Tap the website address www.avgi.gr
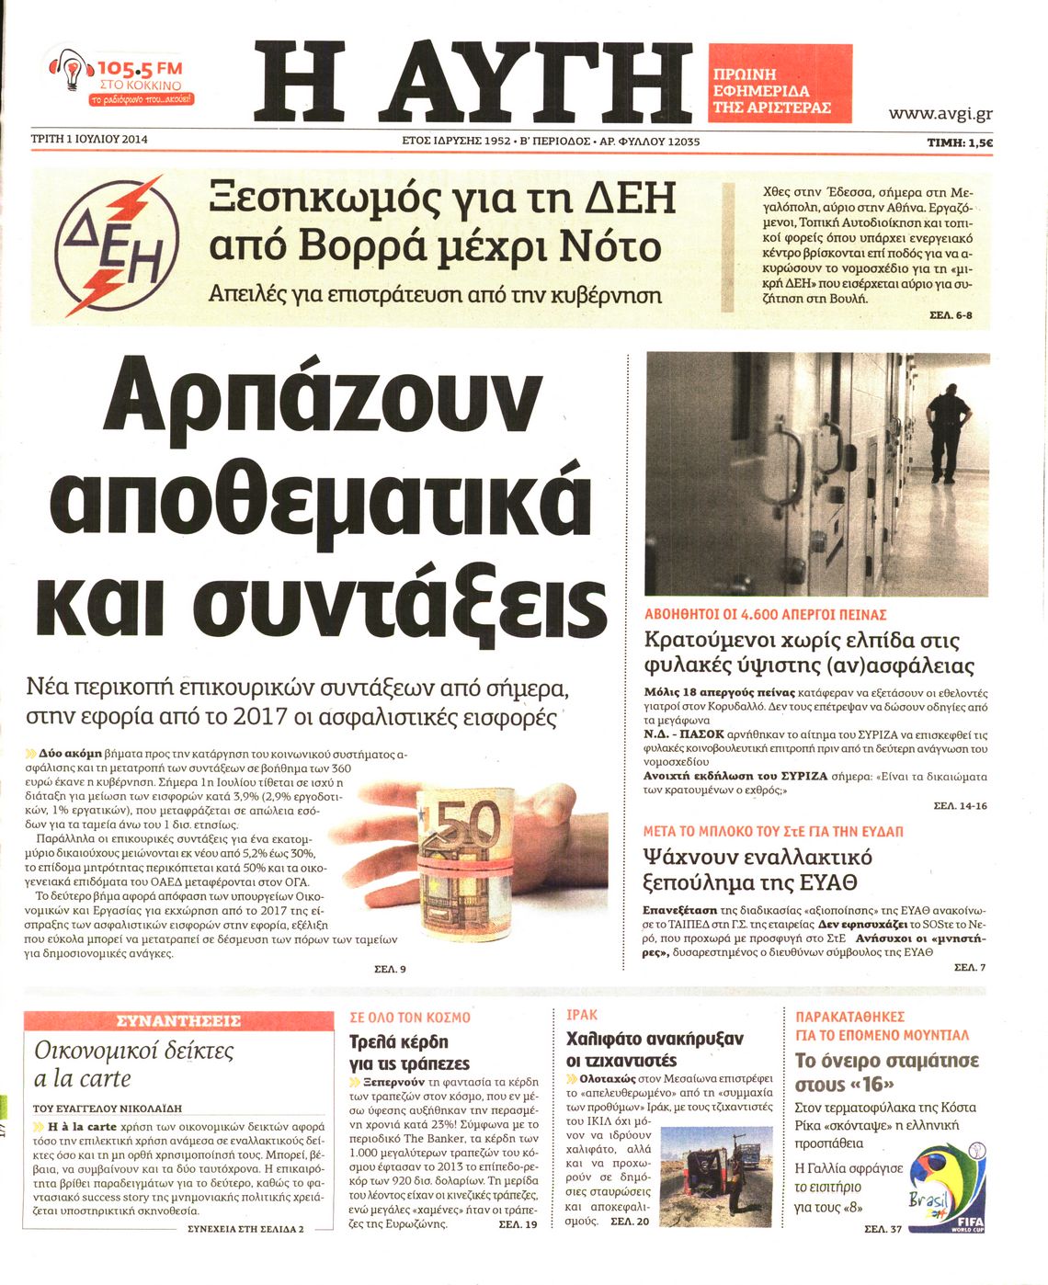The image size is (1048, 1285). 940,114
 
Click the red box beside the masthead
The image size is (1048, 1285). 780,84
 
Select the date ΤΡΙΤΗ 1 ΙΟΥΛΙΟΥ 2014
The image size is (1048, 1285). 89,141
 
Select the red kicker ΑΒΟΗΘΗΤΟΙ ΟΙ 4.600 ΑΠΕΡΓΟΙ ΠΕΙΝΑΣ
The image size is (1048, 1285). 765,614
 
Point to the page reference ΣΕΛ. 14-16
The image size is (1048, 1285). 959,805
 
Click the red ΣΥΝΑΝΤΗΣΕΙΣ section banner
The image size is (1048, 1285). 179,1020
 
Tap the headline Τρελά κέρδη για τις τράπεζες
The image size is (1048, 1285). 409,1052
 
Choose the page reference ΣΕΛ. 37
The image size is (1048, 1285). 882,1230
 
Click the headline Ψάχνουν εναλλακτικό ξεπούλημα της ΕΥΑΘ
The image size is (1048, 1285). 758,870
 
